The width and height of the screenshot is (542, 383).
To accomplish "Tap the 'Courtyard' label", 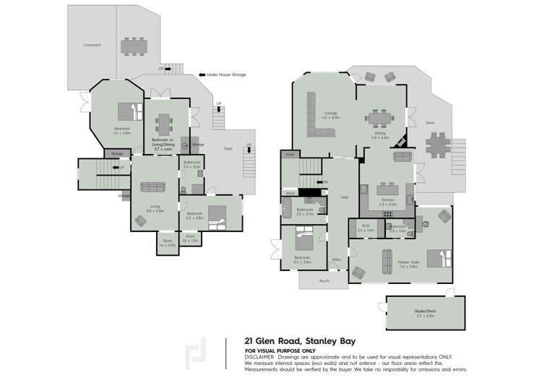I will tap(92, 45).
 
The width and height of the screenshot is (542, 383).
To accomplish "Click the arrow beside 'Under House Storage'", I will tap(202, 74).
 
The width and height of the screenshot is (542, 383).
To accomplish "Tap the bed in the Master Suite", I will tap(438, 259).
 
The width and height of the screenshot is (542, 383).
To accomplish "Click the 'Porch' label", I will tap(324, 280).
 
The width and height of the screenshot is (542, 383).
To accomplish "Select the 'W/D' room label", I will tap(361, 226).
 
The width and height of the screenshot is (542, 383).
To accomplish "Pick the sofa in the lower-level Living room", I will tap(152, 187).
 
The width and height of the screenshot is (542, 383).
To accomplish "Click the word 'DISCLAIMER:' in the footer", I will tap(259, 356).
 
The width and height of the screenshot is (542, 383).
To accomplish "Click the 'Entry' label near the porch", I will tap(336, 259).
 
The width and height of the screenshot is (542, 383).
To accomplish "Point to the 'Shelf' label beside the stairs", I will tap(288, 154).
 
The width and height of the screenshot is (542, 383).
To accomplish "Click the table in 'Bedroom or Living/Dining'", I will tap(164, 121).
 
